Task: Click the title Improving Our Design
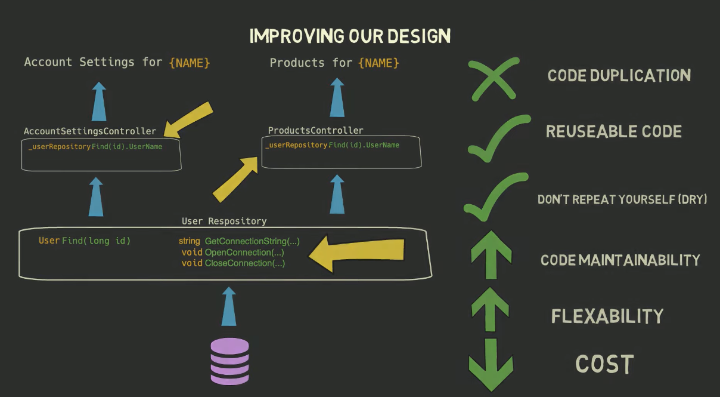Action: pyautogui.click(x=350, y=36)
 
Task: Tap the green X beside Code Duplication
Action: pyautogui.click(x=492, y=78)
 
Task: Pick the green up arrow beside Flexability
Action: pyautogui.click(x=490, y=310)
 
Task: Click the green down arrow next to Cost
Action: pyautogui.click(x=491, y=364)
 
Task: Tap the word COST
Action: pyautogui.click(x=604, y=364)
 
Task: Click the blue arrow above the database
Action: pyautogui.click(x=229, y=306)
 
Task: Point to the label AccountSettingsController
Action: pyautogui.click(x=90, y=131)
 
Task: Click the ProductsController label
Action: pyautogui.click(x=315, y=130)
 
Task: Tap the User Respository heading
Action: pyautogui.click(x=224, y=221)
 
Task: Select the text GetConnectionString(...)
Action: pyautogui.click(x=252, y=241)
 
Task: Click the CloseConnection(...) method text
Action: pyautogui.click(x=244, y=263)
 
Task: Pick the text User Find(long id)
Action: pyautogui.click(x=85, y=241)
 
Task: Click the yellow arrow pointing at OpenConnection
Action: pyautogui.click(x=358, y=253)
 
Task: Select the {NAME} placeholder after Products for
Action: pyautogui.click(x=378, y=63)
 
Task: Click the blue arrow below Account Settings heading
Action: pyautogui.click(x=99, y=102)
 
